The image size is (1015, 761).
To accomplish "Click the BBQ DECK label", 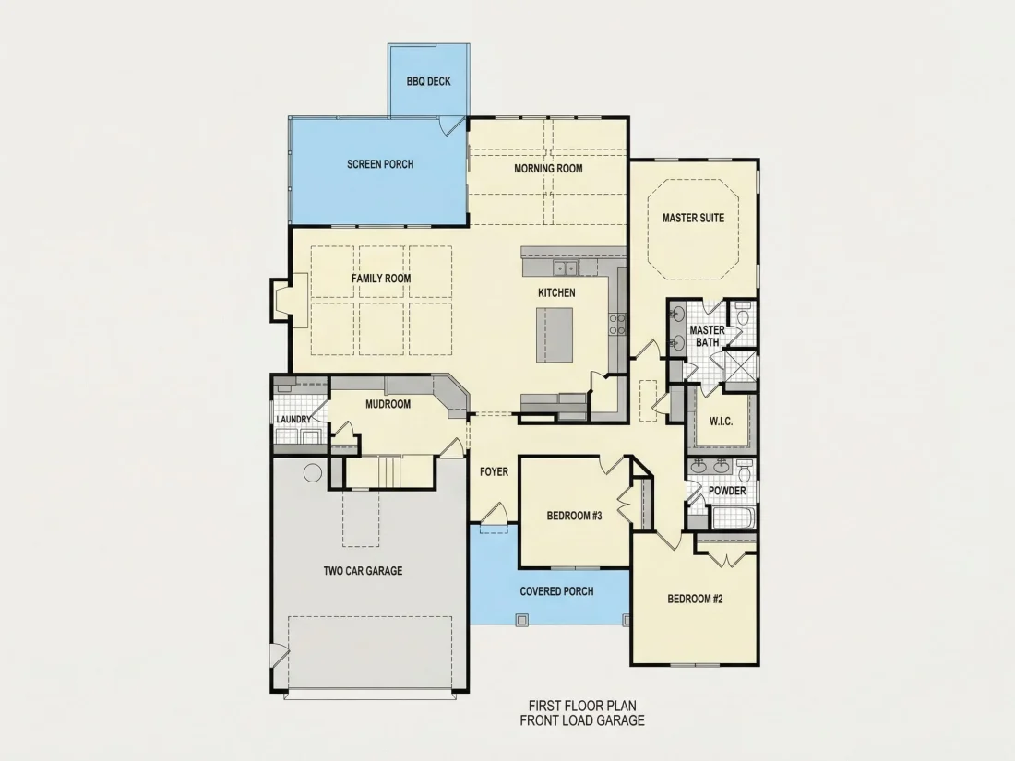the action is click(x=428, y=81).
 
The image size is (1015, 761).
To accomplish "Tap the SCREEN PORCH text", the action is click(x=380, y=164).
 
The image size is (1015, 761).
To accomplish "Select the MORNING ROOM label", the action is click(x=548, y=169).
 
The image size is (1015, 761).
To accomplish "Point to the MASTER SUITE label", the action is click(x=693, y=218).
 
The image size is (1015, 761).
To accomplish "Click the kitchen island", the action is click(x=555, y=335).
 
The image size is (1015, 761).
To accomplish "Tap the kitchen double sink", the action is click(x=565, y=268).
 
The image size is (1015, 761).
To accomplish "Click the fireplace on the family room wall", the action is click(x=283, y=301).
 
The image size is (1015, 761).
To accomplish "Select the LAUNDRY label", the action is click(x=293, y=420).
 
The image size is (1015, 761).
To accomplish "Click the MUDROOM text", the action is click(x=388, y=404).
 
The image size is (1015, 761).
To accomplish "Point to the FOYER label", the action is click(x=494, y=472).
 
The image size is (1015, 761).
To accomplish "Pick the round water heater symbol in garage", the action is click(x=313, y=472).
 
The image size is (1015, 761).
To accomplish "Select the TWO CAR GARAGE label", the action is click(x=364, y=571).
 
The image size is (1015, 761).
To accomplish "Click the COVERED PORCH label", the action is click(x=556, y=591).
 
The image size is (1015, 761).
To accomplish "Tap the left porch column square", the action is click(x=521, y=620).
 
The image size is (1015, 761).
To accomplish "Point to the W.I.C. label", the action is click(x=722, y=422).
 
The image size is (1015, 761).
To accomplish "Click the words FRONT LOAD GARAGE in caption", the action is click(x=582, y=720).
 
